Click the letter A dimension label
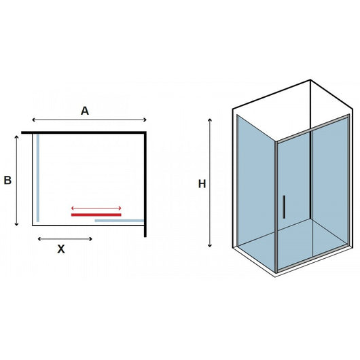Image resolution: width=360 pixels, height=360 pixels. [85, 111]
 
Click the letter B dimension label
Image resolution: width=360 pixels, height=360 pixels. [7, 180]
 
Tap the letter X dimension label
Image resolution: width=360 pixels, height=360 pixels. [61, 249]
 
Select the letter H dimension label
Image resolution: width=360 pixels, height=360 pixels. [202, 183]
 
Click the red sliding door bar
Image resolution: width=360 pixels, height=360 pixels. [96, 214]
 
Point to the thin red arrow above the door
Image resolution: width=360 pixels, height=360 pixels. [96, 208]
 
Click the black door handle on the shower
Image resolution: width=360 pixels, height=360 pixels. [283, 206]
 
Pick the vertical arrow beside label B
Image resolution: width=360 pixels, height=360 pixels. [16, 180]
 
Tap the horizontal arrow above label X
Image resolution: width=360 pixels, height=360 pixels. [65, 238]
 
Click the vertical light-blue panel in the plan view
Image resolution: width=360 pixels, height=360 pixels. [39, 177]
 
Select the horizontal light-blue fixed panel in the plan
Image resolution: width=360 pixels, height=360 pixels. [119, 220]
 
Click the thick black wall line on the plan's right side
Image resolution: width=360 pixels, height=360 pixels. [145, 183]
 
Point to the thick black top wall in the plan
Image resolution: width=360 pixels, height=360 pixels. [85, 132]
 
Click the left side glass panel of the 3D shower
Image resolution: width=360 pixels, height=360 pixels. [255, 190]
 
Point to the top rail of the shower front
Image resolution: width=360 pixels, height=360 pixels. [312, 130]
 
